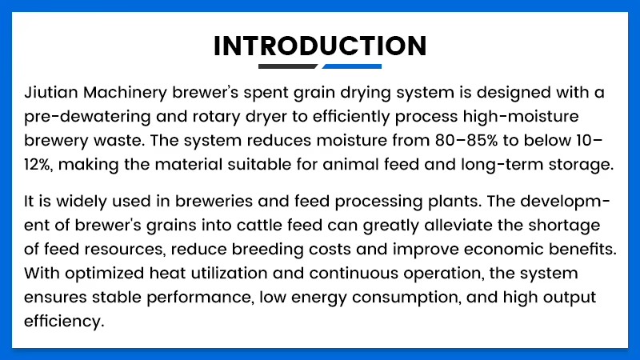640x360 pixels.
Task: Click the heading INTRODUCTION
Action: (x=320, y=46)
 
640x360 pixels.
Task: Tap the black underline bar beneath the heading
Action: (x=288, y=66)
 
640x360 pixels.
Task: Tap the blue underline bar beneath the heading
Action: (x=352, y=66)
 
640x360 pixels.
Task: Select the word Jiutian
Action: (x=51, y=93)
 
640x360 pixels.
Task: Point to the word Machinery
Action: (x=126, y=94)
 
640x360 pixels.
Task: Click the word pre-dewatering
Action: (x=87, y=118)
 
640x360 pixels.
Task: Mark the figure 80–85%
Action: (x=466, y=141)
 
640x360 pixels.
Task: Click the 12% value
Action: (x=38, y=165)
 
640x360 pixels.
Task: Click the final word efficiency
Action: (x=64, y=322)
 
